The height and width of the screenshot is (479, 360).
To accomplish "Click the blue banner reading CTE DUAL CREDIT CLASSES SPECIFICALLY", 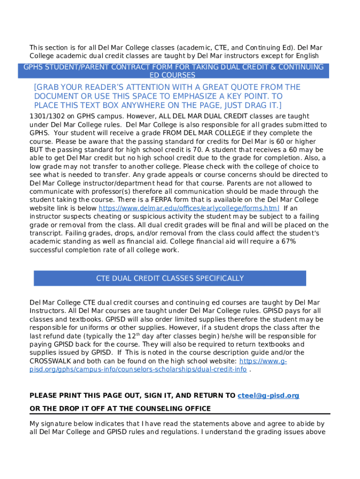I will tap(170, 278).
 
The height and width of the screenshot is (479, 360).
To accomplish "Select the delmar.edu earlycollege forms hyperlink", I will tap(189, 208).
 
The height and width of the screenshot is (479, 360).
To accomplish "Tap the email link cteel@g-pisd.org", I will tap(268, 396).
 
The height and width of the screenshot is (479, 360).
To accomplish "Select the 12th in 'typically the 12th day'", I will tap(132, 336).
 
